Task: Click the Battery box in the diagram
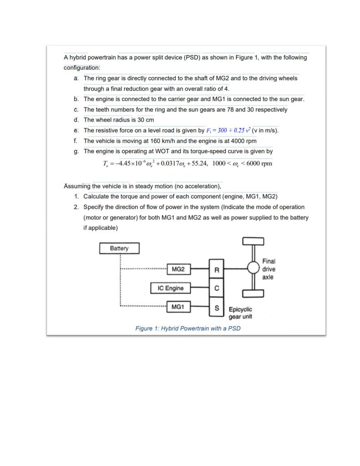pyautogui.click(x=119, y=248)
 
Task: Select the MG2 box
pyautogui.click(x=178, y=269)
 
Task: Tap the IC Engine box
pyautogui.click(x=171, y=288)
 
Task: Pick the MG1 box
pyautogui.click(x=178, y=307)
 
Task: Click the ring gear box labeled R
pyautogui.click(x=217, y=270)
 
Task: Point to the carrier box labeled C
pyautogui.click(x=217, y=289)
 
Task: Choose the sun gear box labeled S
pyautogui.click(x=217, y=308)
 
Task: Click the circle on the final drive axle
pyautogui.click(x=254, y=268)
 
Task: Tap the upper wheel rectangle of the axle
pyautogui.click(x=254, y=241)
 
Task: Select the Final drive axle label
pyautogui.click(x=269, y=269)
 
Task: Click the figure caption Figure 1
pyautogui.click(x=188, y=328)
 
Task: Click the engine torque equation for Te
pyautogui.click(x=188, y=163)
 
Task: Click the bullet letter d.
pyautogui.click(x=76, y=120)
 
